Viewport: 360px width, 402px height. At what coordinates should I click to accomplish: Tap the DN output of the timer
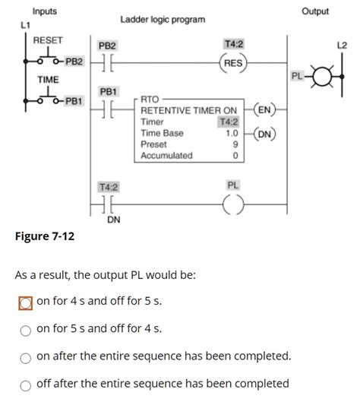265,135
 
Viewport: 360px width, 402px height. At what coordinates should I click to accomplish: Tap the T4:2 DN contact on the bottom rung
106,205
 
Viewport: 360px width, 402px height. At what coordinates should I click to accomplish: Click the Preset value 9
236,144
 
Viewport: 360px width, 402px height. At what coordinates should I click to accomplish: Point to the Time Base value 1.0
232,133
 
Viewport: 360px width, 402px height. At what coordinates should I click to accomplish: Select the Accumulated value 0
236,155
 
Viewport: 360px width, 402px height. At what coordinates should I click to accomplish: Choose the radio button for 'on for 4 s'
25,302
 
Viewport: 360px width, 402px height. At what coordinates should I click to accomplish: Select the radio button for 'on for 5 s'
25,329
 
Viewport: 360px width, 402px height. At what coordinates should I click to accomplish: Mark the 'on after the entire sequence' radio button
25,356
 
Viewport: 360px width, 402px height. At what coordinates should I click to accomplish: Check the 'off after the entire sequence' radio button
25,384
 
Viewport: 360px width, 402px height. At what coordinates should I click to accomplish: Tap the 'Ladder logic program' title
163,18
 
